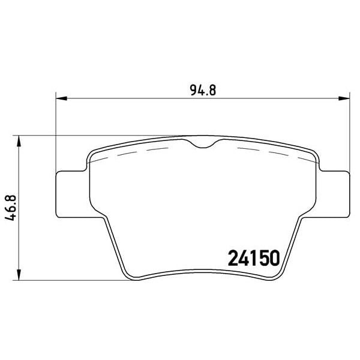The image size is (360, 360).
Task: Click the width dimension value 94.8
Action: [203, 91]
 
